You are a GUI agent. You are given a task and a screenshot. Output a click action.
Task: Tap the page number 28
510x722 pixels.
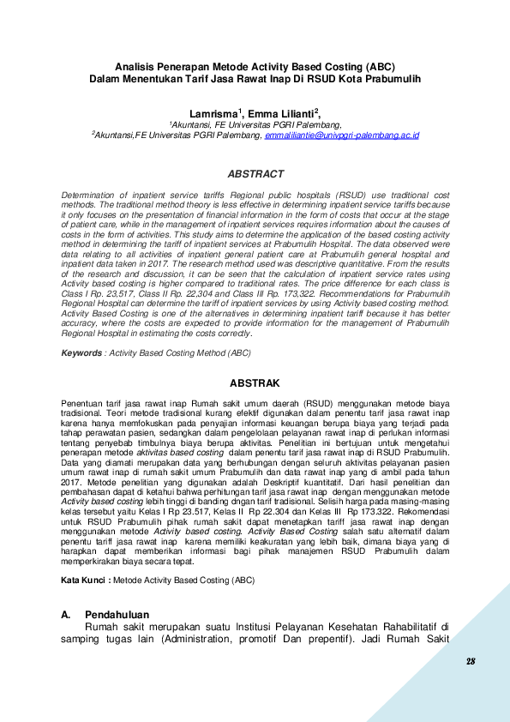pyautogui.click(x=471, y=662)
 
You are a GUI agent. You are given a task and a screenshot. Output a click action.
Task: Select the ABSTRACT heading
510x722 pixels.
pyautogui.click(x=255, y=174)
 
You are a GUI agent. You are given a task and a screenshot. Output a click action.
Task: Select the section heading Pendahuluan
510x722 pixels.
pyautogui.click(x=117, y=615)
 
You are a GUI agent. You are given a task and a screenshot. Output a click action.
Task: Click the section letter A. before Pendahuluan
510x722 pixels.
pyautogui.click(x=65, y=615)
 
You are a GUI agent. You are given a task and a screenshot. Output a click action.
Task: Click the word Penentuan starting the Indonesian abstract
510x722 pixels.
pyautogui.click(x=84, y=402)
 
